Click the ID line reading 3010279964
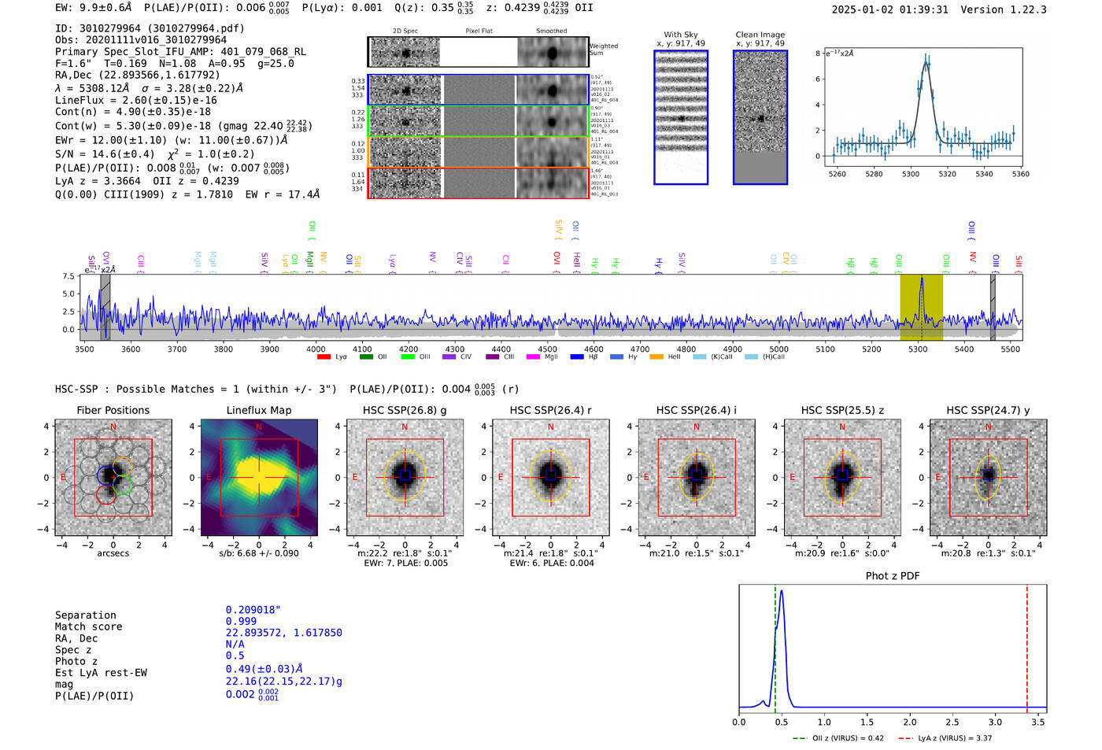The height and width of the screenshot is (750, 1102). pos(150,28)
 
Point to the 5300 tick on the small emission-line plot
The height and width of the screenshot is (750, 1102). pos(911,174)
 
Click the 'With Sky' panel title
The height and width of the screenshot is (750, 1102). pos(681,35)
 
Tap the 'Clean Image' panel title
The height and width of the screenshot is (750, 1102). pos(760,35)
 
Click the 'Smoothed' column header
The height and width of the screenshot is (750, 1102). pos(551,31)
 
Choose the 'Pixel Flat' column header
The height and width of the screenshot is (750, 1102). pos(479,31)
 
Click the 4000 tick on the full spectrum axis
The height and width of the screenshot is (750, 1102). pos(316,349)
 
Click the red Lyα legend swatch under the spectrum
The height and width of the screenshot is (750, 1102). pos(324,357)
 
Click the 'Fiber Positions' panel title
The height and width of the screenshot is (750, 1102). pos(113,410)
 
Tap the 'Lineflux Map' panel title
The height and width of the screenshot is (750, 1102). pos(259,410)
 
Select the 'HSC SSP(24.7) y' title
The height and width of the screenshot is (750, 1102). pos(988,410)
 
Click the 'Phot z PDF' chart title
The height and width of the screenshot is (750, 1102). pos(893,576)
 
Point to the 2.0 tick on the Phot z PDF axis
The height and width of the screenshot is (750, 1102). pos(910,722)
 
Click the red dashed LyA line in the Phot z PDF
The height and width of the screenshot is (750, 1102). pos(1026,645)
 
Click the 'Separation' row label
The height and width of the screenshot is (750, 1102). pos(86,615)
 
